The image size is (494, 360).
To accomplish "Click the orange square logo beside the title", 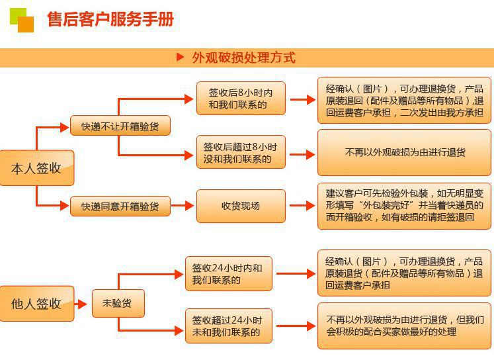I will click(x=21, y=20).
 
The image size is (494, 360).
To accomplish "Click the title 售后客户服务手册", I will click(x=110, y=20).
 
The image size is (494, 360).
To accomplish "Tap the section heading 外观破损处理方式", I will click(x=243, y=58).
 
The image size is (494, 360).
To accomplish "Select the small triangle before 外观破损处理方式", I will click(x=180, y=58).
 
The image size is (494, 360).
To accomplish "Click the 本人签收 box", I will click(x=36, y=168).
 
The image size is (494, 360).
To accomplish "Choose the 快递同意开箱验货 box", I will click(x=120, y=206).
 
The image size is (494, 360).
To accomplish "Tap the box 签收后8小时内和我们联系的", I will click(x=241, y=98).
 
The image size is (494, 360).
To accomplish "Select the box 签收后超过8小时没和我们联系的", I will click(x=241, y=152).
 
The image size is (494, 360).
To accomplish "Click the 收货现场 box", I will click(x=241, y=206).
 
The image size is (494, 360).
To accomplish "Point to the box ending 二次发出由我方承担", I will click(x=404, y=101).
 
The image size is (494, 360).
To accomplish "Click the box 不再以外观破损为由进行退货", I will click(x=404, y=152).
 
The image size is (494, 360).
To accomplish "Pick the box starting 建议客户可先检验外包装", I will click(x=404, y=206).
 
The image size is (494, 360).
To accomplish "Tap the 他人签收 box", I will click(x=36, y=304).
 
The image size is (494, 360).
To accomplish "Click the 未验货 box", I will click(x=117, y=304).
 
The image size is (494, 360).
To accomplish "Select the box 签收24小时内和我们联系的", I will click(x=227, y=273).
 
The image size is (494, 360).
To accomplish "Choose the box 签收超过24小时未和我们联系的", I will click(x=227, y=326).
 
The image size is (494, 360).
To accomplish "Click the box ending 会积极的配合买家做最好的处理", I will click(x=404, y=326).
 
